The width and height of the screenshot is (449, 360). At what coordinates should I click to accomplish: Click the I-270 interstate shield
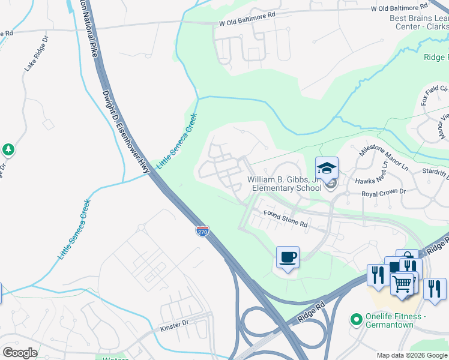coord(202,231)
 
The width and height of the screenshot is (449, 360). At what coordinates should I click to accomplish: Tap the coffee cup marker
coord(288,258)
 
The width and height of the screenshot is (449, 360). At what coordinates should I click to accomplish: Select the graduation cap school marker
coord(327,169)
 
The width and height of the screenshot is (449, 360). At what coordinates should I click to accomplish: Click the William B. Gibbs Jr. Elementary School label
coord(287,184)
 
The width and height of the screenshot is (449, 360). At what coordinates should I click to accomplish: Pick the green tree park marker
coord(8,149)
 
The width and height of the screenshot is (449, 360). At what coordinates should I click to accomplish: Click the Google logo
coord(20,352)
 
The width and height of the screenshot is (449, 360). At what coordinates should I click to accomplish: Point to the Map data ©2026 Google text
coord(412,355)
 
